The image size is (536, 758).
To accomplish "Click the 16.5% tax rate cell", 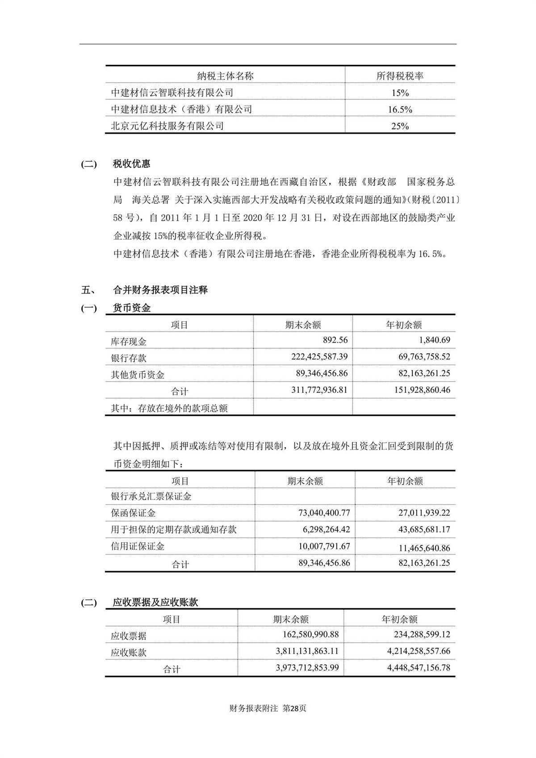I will (400, 109).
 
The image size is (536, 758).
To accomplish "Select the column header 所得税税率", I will (400, 76).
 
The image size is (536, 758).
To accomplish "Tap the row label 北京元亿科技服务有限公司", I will (167, 126).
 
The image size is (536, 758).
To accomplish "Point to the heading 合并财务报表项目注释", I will (160, 290).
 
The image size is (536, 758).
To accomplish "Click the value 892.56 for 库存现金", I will (335, 340).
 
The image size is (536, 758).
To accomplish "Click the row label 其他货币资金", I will (138, 375).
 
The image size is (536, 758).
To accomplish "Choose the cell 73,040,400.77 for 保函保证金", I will (324, 513).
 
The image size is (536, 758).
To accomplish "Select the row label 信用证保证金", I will (138, 546).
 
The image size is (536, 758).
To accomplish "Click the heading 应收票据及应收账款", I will (155, 602).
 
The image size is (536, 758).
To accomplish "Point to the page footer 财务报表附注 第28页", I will (268, 708).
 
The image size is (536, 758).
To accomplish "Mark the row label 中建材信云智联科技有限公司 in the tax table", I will (172, 93).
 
